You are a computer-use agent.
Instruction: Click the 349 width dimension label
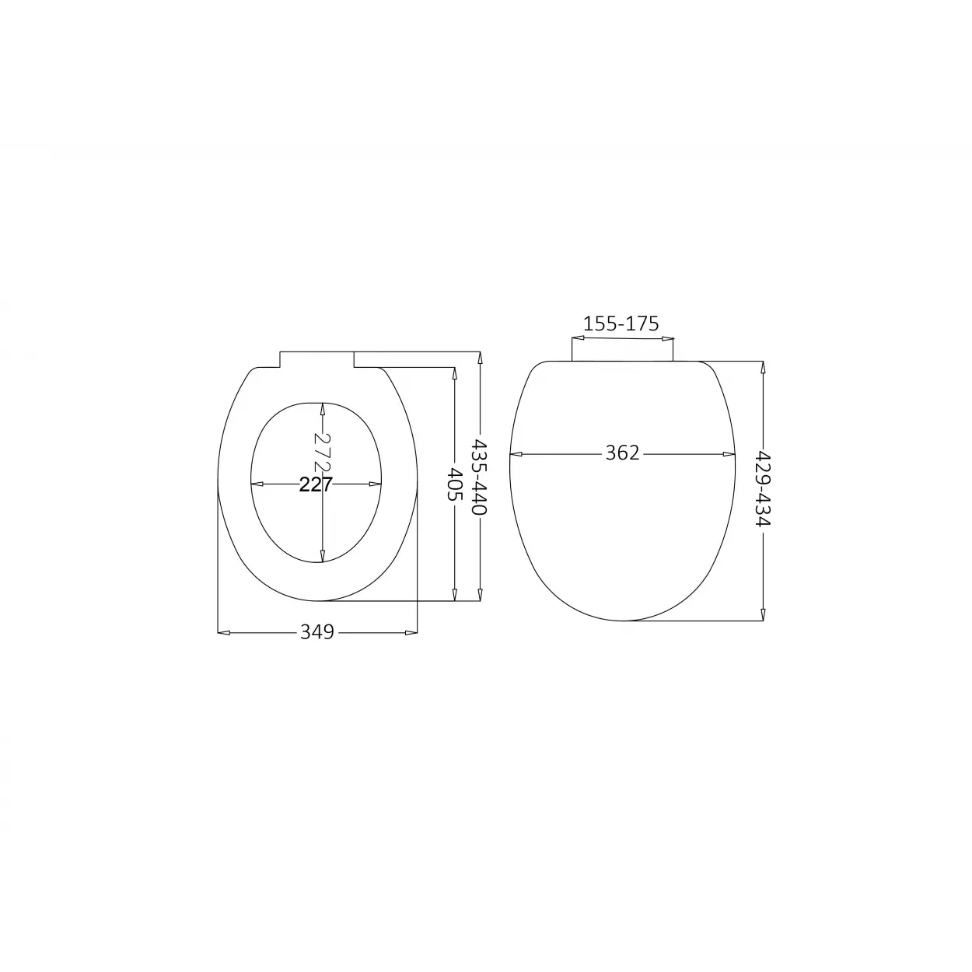click(x=317, y=632)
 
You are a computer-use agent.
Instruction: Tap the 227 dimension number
click(x=316, y=484)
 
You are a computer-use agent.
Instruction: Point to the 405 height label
click(x=455, y=484)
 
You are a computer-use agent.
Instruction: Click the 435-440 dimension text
click(x=479, y=477)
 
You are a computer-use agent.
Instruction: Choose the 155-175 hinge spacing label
click(x=621, y=323)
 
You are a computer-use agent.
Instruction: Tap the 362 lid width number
click(x=622, y=453)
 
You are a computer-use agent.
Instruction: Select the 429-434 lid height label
click(x=763, y=488)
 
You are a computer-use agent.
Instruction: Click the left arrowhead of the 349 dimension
click(x=223, y=632)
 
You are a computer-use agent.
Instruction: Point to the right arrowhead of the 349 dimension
click(x=411, y=632)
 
